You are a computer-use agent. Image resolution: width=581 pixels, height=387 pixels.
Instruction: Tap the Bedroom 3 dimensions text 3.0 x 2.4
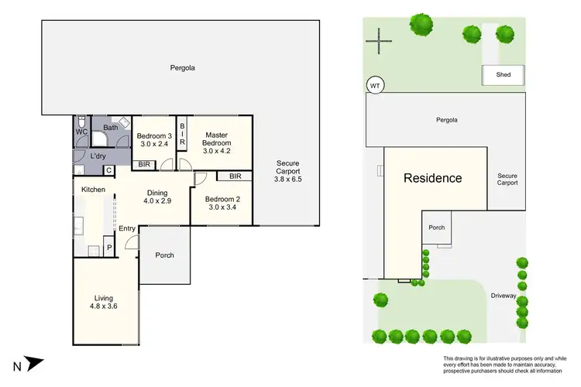tap(156, 143)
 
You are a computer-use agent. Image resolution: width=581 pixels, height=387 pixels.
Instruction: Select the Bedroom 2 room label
tap(222, 199)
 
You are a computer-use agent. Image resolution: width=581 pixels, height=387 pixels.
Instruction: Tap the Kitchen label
tap(94, 189)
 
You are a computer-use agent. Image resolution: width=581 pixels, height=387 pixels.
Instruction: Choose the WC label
tap(82, 132)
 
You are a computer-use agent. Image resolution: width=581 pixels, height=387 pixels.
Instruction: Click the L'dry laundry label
tap(98, 156)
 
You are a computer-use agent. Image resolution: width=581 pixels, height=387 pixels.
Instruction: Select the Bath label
tap(110, 128)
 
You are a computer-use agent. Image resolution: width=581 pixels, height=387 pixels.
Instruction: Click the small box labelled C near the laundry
tap(108, 170)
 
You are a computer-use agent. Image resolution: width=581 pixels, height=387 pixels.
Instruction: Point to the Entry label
tap(127, 228)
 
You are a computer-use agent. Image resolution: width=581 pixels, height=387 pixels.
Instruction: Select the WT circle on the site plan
tap(375, 85)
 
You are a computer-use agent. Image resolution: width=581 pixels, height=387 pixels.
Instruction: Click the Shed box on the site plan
tap(503, 75)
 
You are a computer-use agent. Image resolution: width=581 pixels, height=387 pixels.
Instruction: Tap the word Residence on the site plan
tap(432, 178)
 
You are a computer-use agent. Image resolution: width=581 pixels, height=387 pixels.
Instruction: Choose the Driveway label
tap(504, 295)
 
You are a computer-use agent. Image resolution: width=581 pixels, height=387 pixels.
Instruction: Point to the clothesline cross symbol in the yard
tap(380, 39)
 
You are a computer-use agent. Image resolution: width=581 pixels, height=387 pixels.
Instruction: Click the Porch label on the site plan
tap(437, 228)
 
